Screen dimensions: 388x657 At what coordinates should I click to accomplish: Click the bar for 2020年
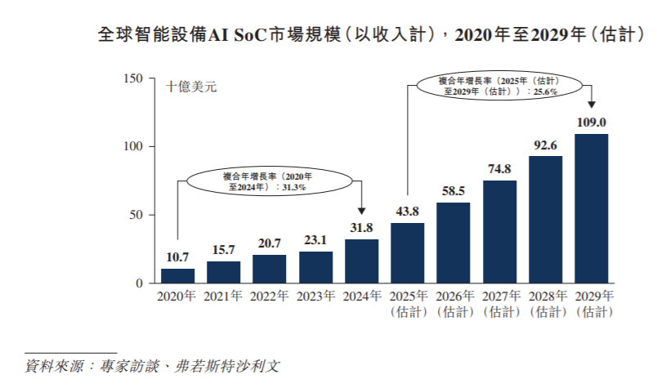[177, 275]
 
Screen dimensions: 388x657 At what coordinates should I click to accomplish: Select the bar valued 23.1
[315, 267]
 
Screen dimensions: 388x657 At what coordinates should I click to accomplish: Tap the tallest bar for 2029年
[591, 208]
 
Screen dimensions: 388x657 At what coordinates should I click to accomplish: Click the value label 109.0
[591, 123]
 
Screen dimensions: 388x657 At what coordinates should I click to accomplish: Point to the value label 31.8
[361, 228]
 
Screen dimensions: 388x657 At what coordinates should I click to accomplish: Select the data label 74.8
[499, 169]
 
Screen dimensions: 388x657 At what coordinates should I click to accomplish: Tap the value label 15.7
[223, 250]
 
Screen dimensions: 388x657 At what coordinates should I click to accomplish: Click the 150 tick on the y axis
[133, 78]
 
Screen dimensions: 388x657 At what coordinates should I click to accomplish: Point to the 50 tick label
[136, 215]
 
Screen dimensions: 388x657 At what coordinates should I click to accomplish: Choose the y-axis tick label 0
[140, 283]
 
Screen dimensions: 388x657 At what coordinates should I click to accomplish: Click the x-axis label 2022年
[269, 296]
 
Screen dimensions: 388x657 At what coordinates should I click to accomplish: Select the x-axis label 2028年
[545, 296]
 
